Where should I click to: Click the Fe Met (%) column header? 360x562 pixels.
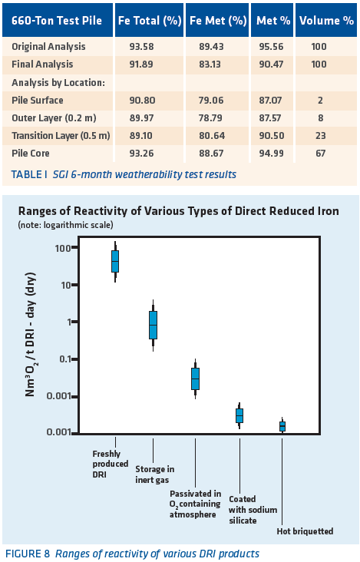coord(218,21)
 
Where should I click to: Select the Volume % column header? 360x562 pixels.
coord(326,21)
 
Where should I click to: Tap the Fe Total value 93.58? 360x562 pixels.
coord(141,47)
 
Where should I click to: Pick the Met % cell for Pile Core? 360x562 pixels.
coord(271,154)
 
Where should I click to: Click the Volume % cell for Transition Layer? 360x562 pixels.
coord(320,135)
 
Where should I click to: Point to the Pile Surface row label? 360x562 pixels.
coord(38,100)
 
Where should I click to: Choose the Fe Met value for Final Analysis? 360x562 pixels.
coord(210,64)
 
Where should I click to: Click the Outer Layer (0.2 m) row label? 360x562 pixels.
coord(54,118)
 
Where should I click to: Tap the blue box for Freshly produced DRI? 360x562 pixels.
coord(115,262)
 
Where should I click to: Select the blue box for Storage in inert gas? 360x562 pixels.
coord(153,325)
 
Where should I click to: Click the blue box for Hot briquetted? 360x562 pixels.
coord(282,426)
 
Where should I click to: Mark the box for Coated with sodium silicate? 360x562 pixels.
coord(239,416)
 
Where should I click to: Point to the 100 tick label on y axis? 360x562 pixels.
coord(63,248)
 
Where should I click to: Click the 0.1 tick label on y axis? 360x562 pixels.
coord(65,359)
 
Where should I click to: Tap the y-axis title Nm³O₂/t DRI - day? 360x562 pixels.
coord(31,335)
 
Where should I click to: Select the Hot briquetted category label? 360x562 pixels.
coord(305,531)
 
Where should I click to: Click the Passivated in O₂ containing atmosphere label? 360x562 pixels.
coord(195,504)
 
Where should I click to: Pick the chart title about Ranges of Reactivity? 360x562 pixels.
coord(178,210)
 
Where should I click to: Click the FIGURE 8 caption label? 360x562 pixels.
coord(28,554)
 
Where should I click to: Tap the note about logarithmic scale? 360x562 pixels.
coord(65,225)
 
